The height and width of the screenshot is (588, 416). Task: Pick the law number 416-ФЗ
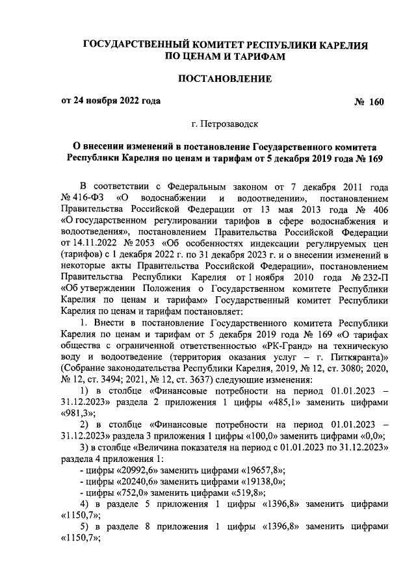click(85, 196)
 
